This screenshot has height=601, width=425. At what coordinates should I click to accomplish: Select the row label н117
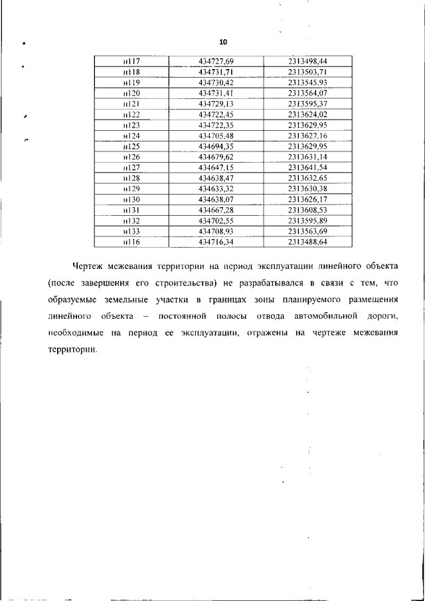(x=131, y=62)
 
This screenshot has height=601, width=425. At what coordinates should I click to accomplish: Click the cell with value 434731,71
(x=216, y=72)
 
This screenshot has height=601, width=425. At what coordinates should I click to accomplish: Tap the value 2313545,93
(x=308, y=82)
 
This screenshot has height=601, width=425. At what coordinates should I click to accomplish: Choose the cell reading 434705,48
(x=216, y=135)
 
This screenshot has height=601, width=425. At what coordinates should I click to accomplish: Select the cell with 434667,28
(x=216, y=209)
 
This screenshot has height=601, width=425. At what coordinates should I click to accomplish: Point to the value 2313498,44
(x=308, y=62)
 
